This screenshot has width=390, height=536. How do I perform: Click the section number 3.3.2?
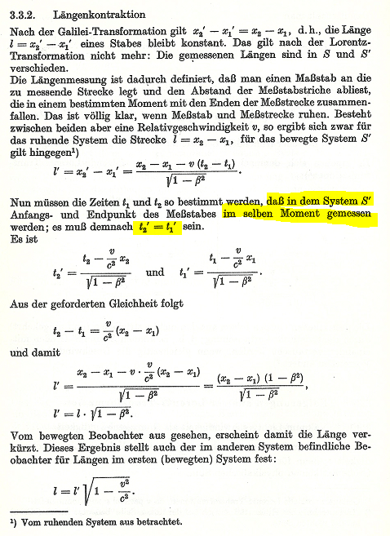tap(24, 14)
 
